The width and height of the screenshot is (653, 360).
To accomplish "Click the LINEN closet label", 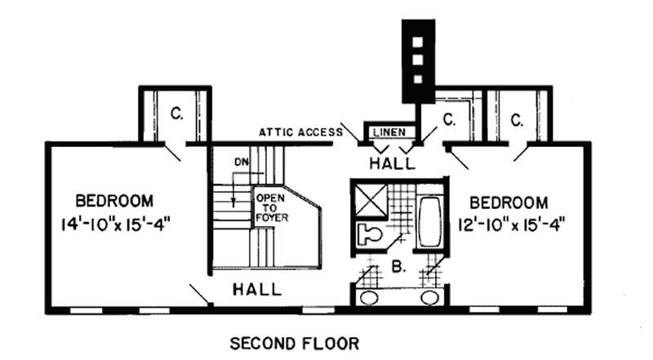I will click(388, 131).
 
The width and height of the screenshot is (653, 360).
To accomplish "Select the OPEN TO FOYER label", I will click(270, 207).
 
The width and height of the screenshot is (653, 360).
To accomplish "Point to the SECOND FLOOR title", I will click(296, 343).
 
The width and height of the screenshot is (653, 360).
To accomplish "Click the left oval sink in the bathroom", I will click(370, 297).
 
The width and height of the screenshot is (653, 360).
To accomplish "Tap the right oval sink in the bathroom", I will click(429, 297).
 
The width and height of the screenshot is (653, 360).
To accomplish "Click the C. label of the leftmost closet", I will click(176, 114).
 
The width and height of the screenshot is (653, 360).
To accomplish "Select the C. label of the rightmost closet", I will click(517, 120).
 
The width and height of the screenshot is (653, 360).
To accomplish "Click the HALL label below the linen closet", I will click(392, 162).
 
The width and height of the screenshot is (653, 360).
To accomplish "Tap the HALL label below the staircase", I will click(257, 289).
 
